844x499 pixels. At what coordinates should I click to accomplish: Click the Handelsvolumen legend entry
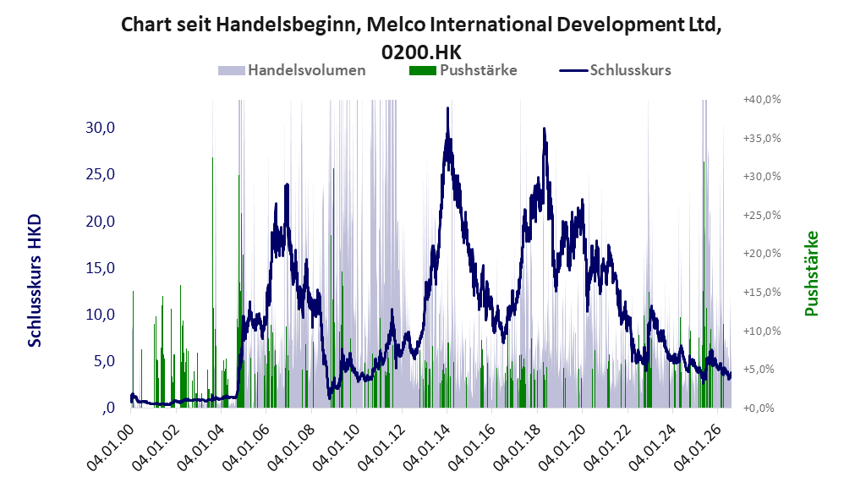point(292,70)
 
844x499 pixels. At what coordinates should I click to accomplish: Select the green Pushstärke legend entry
point(463,70)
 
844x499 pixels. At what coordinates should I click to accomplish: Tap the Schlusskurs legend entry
point(615,70)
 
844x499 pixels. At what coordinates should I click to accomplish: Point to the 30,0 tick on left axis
point(100,128)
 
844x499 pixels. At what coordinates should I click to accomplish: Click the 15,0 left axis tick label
point(100,267)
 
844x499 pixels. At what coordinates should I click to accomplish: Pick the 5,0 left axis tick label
point(104,360)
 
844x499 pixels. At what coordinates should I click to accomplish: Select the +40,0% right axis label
point(762,100)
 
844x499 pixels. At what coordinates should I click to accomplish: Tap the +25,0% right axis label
point(762,216)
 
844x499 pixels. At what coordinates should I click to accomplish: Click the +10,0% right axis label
point(762,331)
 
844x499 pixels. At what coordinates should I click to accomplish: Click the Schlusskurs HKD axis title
point(35,281)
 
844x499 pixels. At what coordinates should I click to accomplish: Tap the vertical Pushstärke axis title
point(811,273)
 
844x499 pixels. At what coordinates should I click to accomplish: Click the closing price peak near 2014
point(447,108)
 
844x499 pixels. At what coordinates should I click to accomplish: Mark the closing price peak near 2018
point(544,128)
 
